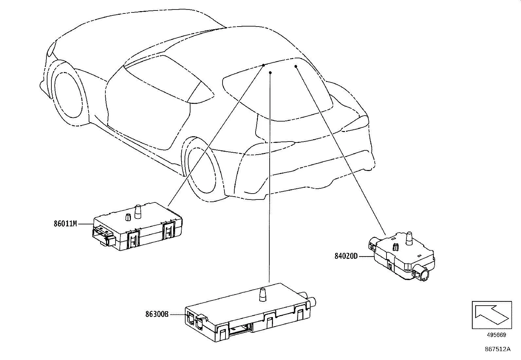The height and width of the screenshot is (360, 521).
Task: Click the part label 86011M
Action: (65, 224)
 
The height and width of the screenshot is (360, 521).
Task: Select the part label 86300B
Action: (157, 314)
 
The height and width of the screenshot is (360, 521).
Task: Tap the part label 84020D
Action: (346, 256)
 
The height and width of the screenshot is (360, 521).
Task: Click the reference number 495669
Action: (496, 335)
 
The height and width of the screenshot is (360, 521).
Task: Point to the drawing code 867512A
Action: (497, 349)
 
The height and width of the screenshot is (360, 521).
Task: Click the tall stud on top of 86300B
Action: (262, 294)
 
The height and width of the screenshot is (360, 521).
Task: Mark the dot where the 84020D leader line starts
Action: (296, 66)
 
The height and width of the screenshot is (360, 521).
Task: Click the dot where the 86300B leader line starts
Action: (270, 73)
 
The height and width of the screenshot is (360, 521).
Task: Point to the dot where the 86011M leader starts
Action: (263, 65)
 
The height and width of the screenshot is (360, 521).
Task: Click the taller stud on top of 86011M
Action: (138, 211)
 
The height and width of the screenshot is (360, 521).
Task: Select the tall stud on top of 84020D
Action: (409, 238)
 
